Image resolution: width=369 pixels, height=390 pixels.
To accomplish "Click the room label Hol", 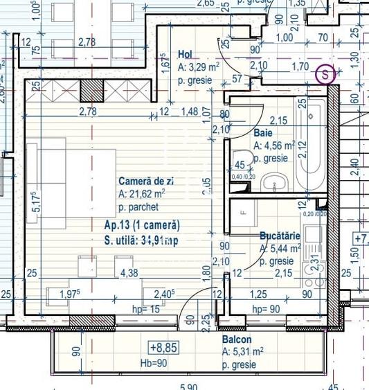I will pyautogui.click(x=185, y=55).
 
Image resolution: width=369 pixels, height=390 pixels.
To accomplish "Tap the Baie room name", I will pyautogui.click(x=262, y=132).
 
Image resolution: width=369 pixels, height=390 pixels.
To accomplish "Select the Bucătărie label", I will pyautogui.click(x=280, y=236).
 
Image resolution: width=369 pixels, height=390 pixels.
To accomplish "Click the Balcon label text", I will pyautogui.click(x=236, y=340).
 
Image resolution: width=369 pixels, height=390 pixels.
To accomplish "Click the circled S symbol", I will pyautogui.click(x=323, y=73).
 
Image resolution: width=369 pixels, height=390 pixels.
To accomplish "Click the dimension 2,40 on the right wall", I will pyautogui.click(x=353, y=164).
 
